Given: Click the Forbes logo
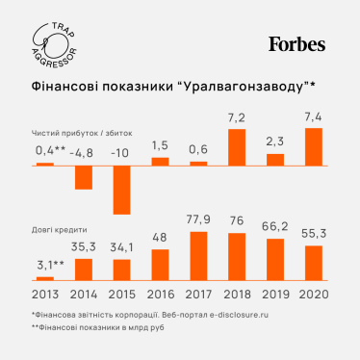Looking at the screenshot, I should (x=296, y=44).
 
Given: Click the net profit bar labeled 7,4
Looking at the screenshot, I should (x=313, y=146).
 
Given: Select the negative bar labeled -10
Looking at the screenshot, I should (x=121, y=189).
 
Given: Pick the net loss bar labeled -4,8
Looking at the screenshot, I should (x=84, y=176).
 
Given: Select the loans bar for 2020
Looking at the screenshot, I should (x=313, y=262).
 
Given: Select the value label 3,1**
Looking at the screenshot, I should (x=45, y=266).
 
